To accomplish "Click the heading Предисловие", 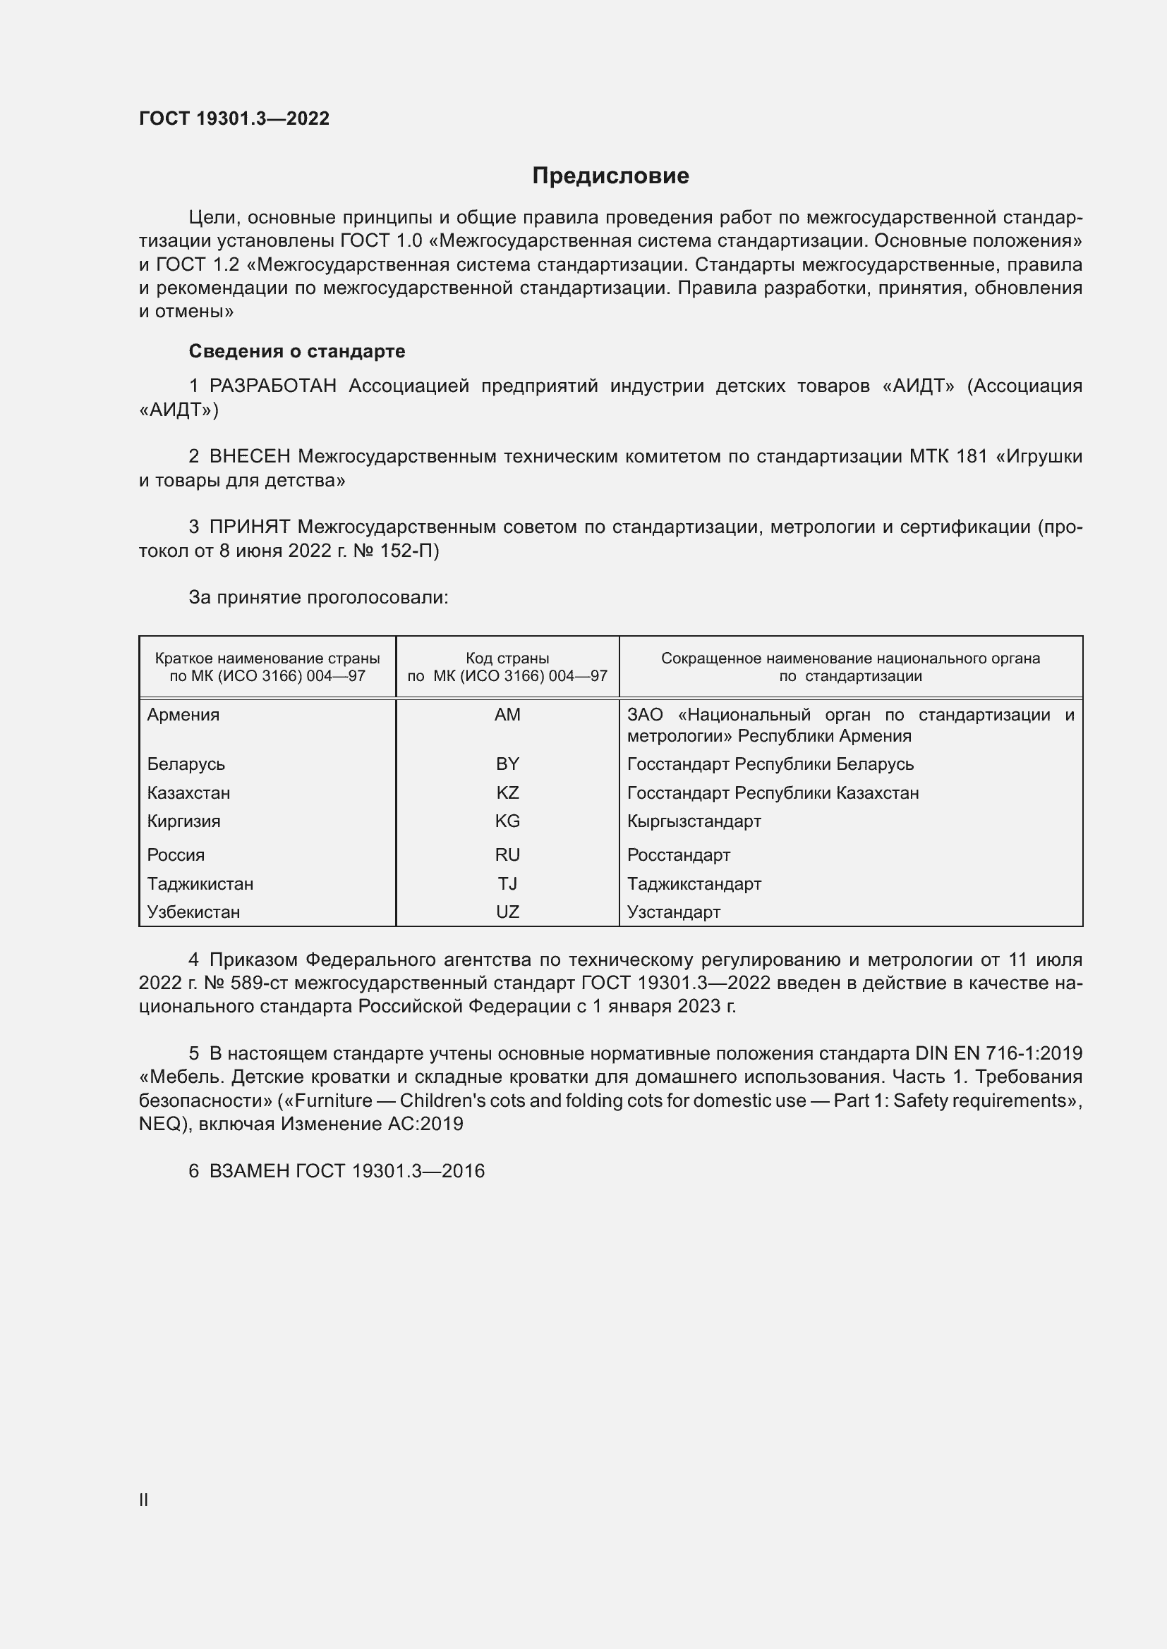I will (x=610, y=176).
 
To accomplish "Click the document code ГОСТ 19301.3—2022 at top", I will (x=234, y=118).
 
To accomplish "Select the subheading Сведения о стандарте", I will (x=297, y=351).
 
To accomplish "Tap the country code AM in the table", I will (x=507, y=715).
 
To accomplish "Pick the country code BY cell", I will (x=507, y=764).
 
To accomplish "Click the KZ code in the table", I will (x=507, y=793).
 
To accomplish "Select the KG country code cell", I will (x=507, y=821).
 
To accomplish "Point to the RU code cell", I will (x=507, y=854).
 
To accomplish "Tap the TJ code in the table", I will (x=507, y=883).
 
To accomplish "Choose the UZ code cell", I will (x=507, y=912).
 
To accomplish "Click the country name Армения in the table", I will (x=183, y=715).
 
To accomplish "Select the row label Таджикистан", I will (x=200, y=883).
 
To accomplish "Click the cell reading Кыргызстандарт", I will (x=694, y=821).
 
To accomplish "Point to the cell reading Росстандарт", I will (x=678, y=854).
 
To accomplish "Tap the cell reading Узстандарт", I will (x=673, y=912).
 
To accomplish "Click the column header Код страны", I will (x=507, y=658).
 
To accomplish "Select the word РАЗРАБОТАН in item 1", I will (x=272, y=386).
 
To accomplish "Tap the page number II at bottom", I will (x=144, y=1500).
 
